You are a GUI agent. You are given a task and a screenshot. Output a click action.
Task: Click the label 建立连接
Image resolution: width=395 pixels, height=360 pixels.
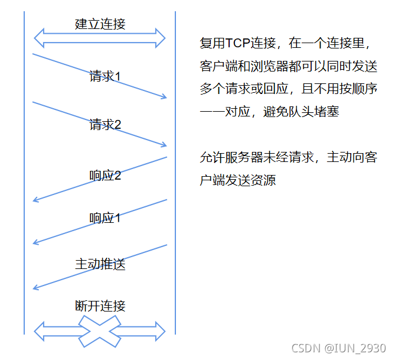tap(100, 24)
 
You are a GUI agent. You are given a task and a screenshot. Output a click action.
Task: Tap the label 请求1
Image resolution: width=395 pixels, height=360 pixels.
tap(105, 76)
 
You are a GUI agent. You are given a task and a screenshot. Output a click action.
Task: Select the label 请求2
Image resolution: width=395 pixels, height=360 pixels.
tap(105, 125)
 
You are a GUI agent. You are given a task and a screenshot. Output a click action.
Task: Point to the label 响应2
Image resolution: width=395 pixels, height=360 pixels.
tap(105, 176)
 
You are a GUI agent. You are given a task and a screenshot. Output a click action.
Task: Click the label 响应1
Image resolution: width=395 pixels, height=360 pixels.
tap(105, 218)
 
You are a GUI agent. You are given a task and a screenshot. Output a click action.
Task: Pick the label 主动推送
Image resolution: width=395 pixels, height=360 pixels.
tap(100, 264)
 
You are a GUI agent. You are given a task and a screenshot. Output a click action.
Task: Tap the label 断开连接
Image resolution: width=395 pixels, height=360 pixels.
tap(100, 306)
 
